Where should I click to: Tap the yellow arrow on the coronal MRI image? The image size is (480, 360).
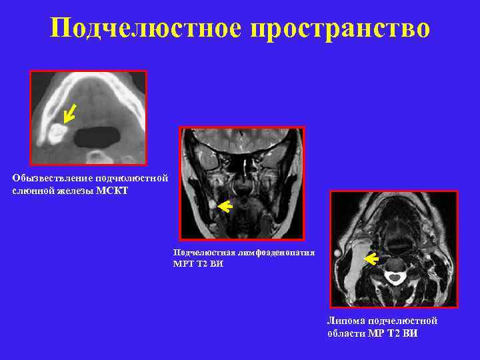224,207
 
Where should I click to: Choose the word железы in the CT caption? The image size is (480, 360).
77,191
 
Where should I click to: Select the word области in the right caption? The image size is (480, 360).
346,333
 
